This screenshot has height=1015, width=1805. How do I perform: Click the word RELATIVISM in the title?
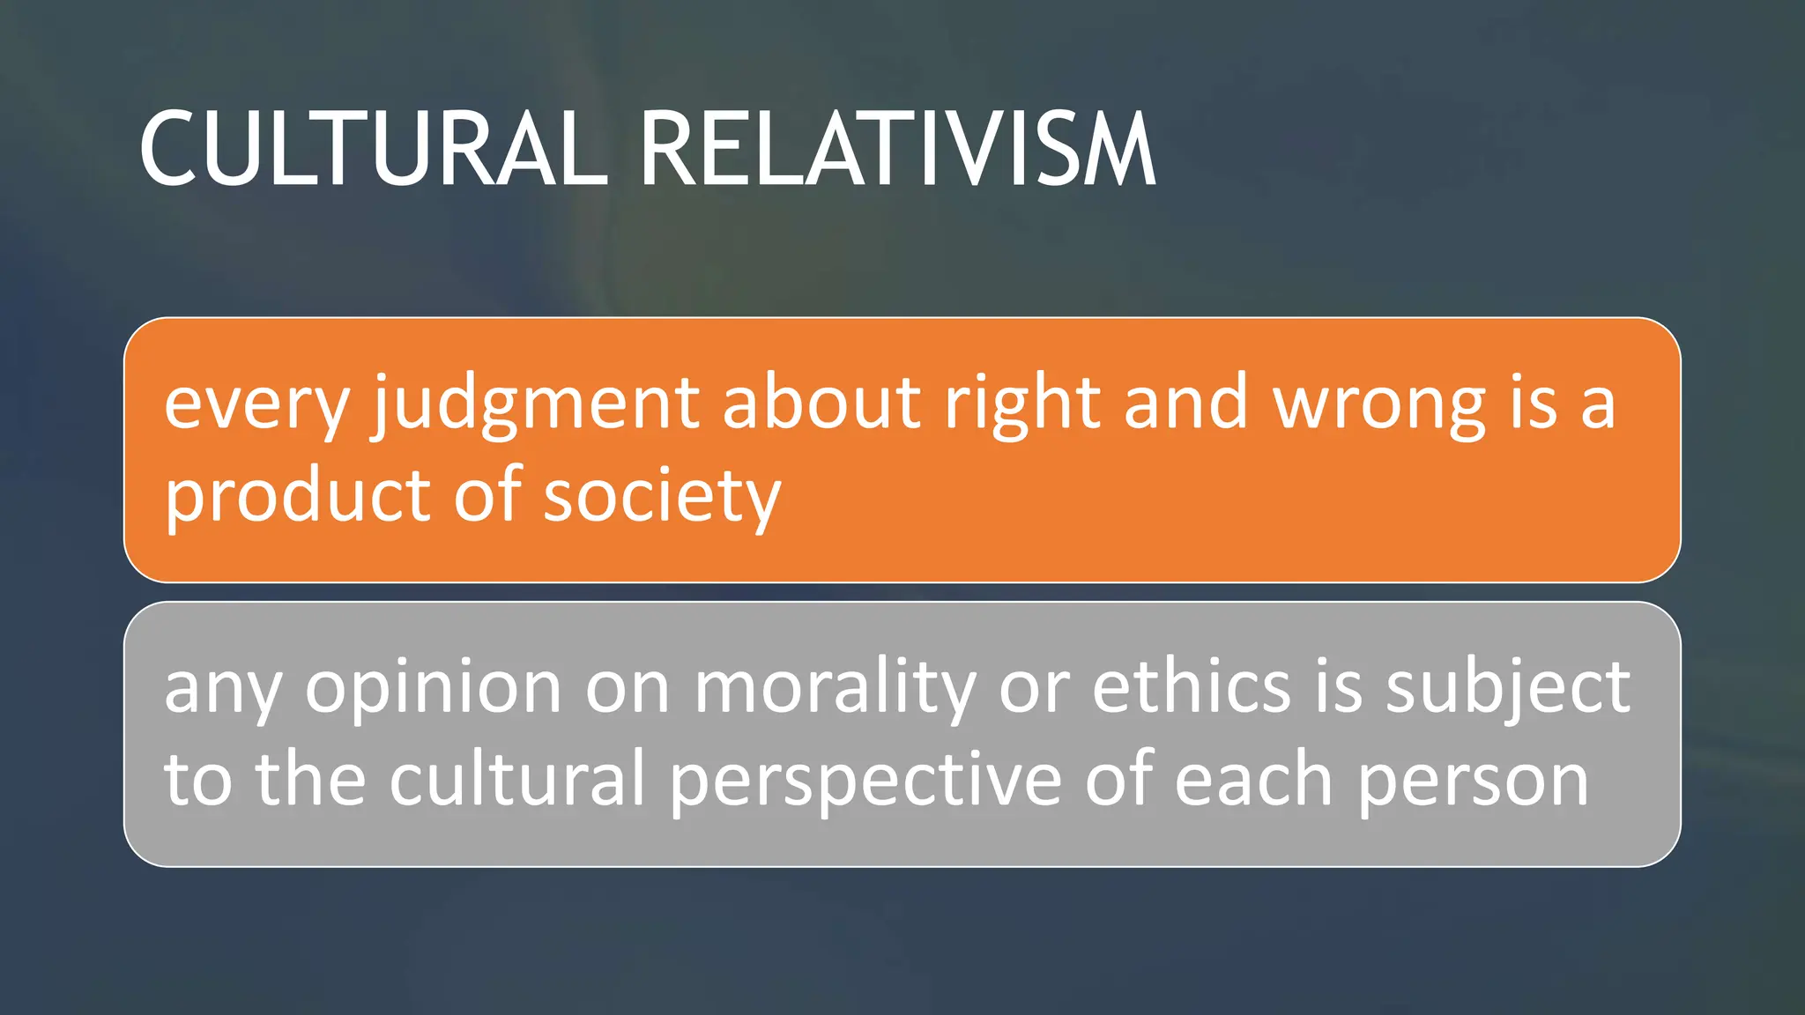click(897, 150)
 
